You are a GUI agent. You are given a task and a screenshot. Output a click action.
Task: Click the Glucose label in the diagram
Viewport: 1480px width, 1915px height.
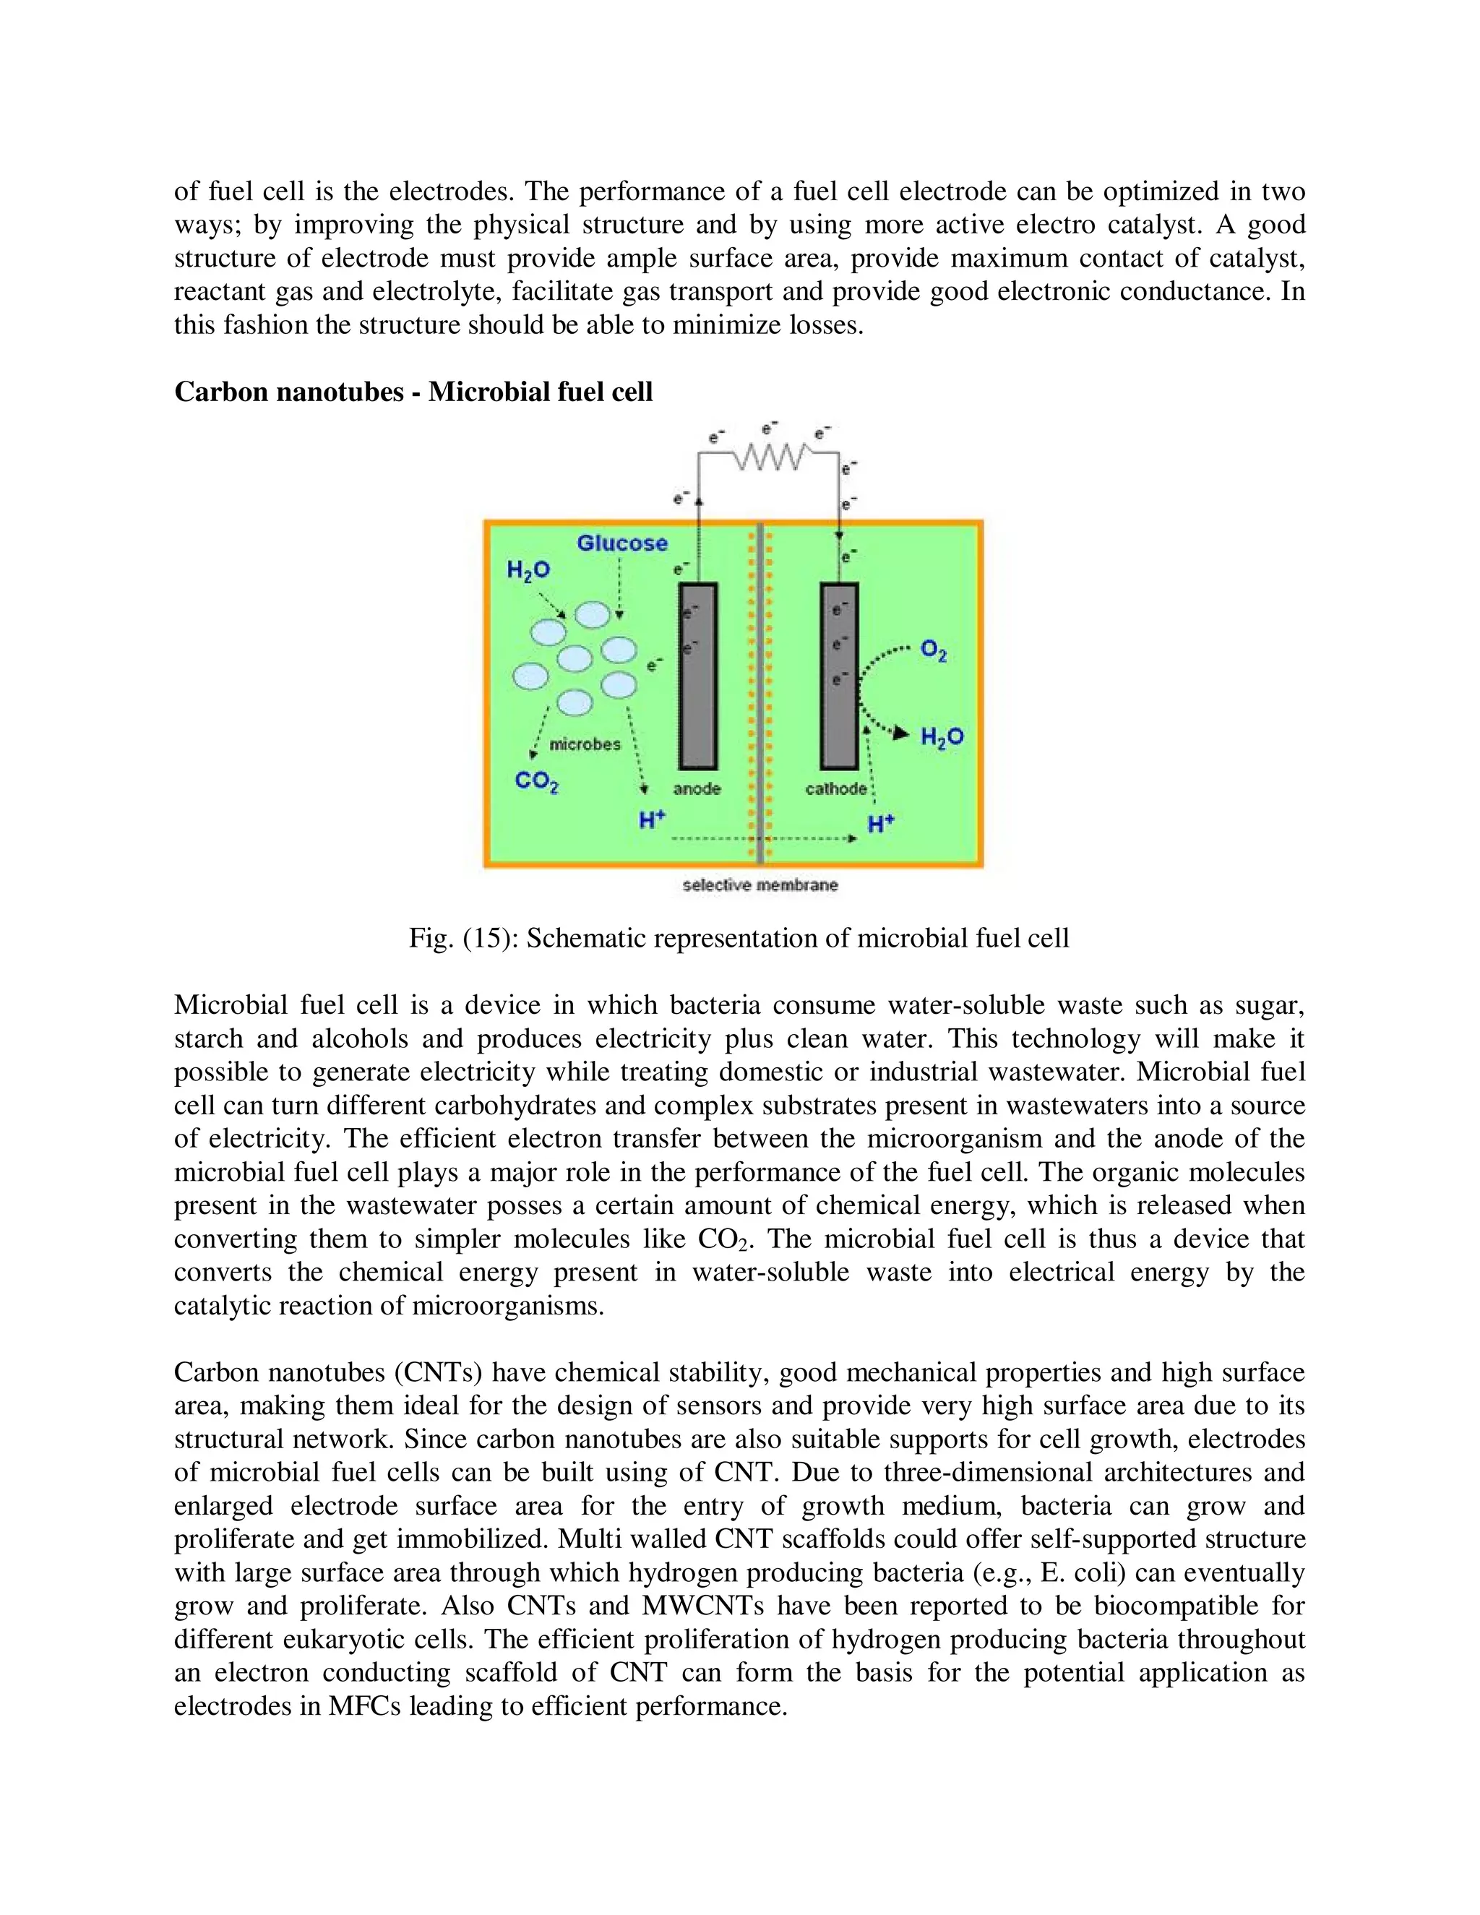[x=621, y=543]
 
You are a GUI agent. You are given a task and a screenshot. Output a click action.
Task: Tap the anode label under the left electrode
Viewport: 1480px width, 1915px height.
[x=697, y=789]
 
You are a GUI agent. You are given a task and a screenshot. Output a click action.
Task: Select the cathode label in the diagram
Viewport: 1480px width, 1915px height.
[x=835, y=789]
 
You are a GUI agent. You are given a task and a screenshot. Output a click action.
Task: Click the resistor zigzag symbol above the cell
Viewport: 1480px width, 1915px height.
[x=769, y=456]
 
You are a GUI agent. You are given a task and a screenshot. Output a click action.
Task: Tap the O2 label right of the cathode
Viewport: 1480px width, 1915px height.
[x=933, y=652]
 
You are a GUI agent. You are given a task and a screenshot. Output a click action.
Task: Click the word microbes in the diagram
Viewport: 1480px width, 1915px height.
[x=585, y=744]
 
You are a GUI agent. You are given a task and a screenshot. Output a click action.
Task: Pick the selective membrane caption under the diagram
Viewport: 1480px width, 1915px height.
[x=760, y=886]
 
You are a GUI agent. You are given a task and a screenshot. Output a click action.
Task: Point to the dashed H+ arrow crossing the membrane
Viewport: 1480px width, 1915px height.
[x=763, y=839]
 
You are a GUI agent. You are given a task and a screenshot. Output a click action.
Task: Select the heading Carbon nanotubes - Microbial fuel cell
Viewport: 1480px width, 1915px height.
[x=413, y=392]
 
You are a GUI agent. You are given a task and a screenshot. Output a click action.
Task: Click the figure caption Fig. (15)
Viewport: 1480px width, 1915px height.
[x=739, y=939]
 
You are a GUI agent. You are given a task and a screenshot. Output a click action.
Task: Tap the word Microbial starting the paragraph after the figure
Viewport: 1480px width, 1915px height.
[x=228, y=1005]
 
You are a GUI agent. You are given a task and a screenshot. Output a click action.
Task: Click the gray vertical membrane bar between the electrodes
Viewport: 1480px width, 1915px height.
[x=760, y=693]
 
